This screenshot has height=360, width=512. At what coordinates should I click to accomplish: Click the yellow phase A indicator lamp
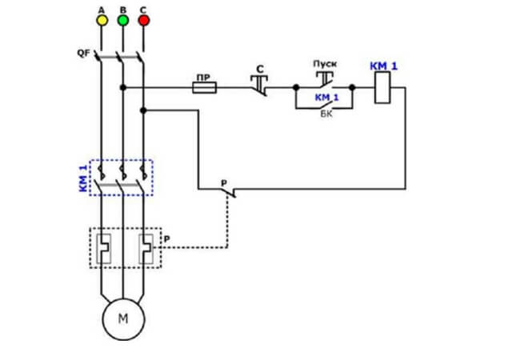pos(102,20)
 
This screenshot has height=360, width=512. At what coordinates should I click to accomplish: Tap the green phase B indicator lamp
pos(123,20)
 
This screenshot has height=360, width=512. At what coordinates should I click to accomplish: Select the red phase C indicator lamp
pos(144,20)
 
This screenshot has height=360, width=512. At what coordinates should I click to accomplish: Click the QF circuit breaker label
pos(83,53)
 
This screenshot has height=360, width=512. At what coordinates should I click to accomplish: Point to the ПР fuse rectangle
pos(204,88)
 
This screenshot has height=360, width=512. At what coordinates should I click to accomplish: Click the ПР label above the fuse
pos(202,78)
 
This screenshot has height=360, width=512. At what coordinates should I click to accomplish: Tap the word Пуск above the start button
pos(325,64)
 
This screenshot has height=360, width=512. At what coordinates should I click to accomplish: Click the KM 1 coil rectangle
pos(382,87)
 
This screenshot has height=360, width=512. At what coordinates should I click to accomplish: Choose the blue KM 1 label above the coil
pos(384,66)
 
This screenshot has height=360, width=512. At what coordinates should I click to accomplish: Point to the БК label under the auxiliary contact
pos(326,114)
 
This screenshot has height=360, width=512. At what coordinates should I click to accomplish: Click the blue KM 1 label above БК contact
pos(327,98)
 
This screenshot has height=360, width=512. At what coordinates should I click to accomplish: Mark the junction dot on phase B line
pos(123,87)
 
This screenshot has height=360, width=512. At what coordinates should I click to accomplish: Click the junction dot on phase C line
pos(143,110)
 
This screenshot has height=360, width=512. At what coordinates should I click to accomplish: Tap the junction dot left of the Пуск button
pos(296,87)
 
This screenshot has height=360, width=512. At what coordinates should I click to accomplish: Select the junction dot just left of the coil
pos(352,87)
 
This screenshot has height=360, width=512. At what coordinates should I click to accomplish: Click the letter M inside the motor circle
pos(123,318)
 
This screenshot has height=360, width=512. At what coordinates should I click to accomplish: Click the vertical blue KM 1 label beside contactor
pos(83,178)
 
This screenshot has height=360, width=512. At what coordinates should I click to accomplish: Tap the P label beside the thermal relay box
pos(167,239)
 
